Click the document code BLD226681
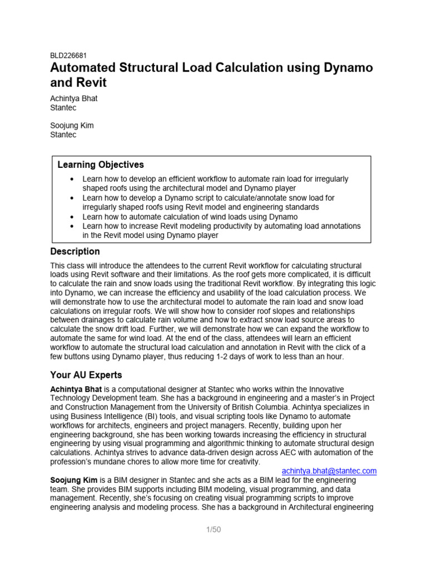[x=68, y=56]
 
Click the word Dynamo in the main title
[x=345, y=68]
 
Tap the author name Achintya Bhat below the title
[x=73, y=98]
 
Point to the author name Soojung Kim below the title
[x=72, y=126]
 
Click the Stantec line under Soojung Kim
[x=64, y=134]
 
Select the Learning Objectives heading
[x=101, y=164]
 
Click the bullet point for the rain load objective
[x=72, y=179]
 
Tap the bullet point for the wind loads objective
[x=72, y=217]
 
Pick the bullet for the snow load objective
[x=72, y=198]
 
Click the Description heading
[x=75, y=252]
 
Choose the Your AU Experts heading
[x=86, y=375]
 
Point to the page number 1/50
[x=213, y=530]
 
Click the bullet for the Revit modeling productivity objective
[x=72, y=226]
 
